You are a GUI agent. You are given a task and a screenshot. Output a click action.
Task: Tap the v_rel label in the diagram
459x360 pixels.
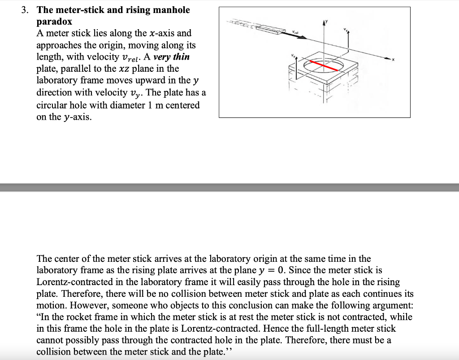coord(294,32)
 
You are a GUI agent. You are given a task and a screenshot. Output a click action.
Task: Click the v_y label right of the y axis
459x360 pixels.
coord(346,30)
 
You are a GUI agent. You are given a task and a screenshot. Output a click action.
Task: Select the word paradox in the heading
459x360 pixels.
coord(54,22)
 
